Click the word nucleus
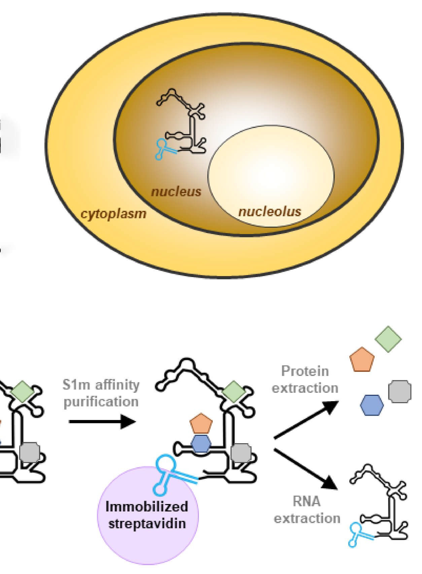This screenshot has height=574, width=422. [x=176, y=192]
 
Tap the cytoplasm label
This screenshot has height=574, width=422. [x=113, y=214]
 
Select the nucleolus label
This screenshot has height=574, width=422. [x=270, y=212]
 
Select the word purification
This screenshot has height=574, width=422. [x=101, y=402]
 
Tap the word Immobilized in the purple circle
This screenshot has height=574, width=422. [x=147, y=506]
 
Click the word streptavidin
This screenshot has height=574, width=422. [x=147, y=524]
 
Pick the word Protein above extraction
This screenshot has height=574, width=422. [x=305, y=371]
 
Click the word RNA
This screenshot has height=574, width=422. [x=307, y=501]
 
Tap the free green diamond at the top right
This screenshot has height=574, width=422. [x=388, y=339]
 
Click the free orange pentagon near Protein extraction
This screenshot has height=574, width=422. [x=362, y=360]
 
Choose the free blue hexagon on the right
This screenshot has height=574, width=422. [x=372, y=405]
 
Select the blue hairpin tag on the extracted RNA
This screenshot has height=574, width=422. [x=356, y=534]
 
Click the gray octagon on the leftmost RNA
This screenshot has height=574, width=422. [x=30, y=453]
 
